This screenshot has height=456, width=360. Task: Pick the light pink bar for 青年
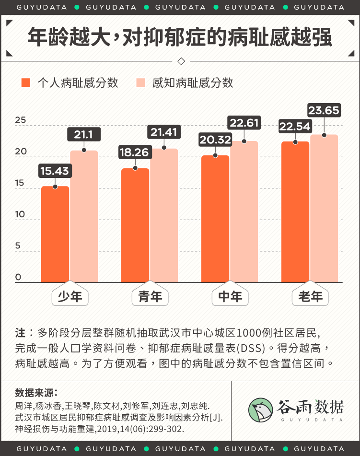coord(164,215)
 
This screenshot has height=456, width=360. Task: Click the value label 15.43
coord(55,170)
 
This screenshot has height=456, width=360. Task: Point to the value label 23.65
coord(324,111)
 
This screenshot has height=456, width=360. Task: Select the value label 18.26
coord(135,152)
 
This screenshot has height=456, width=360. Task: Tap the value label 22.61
coord(244,123)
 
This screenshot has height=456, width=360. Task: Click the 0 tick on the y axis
coord(18,277)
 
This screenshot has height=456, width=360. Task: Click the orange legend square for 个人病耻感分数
coord(26,82)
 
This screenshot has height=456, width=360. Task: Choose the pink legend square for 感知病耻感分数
coord(140,82)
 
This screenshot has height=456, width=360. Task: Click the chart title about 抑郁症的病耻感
coord(180,37)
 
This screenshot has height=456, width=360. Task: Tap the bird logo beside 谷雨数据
coord(261,410)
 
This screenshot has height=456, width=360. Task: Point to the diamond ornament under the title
coord(181,61)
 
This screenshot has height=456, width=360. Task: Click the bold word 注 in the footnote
coord(20,333)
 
